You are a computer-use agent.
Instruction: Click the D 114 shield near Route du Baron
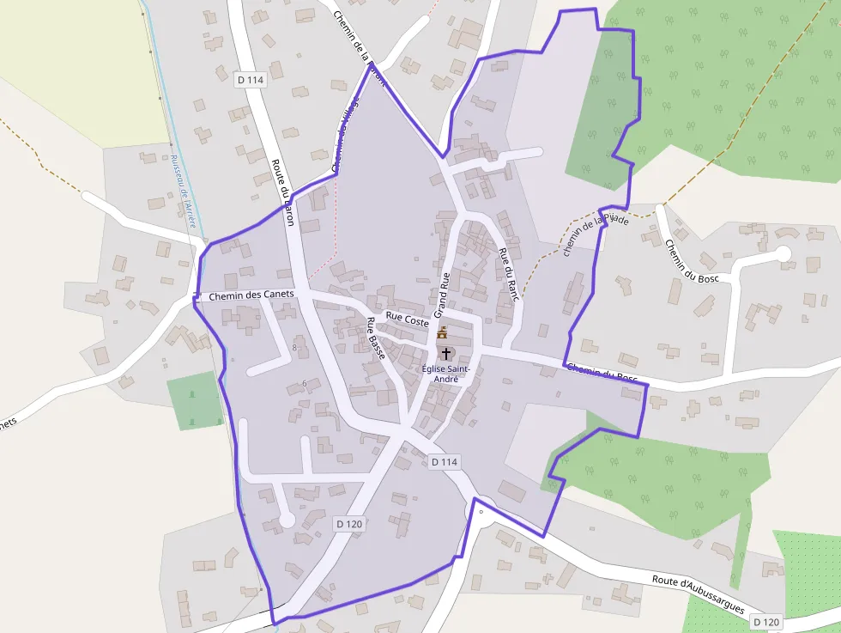[x=251, y=80]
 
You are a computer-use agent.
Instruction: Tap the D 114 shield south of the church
[x=445, y=462]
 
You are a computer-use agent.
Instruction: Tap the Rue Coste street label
[x=408, y=318]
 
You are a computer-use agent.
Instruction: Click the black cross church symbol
[x=445, y=353]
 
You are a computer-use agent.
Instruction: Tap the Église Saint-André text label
[x=446, y=374]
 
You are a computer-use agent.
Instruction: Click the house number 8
[x=294, y=347]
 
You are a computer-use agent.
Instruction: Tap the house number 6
[x=304, y=383]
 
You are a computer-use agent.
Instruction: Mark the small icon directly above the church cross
[x=443, y=332]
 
